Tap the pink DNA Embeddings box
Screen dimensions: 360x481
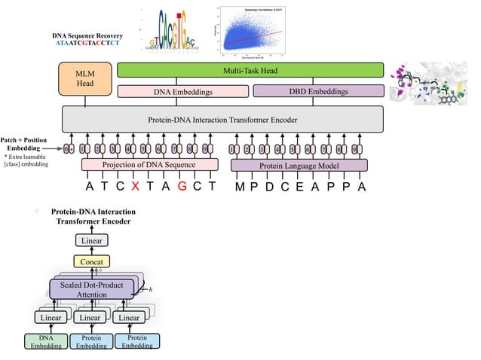[x=183, y=91]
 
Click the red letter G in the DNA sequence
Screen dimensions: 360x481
[x=182, y=187]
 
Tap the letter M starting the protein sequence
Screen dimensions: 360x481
[x=239, y=188]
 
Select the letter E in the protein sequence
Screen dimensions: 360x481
[x=299, y=188]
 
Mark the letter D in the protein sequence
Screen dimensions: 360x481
[x=269, y=188]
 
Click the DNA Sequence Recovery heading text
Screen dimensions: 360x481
[x=87, y=35]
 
